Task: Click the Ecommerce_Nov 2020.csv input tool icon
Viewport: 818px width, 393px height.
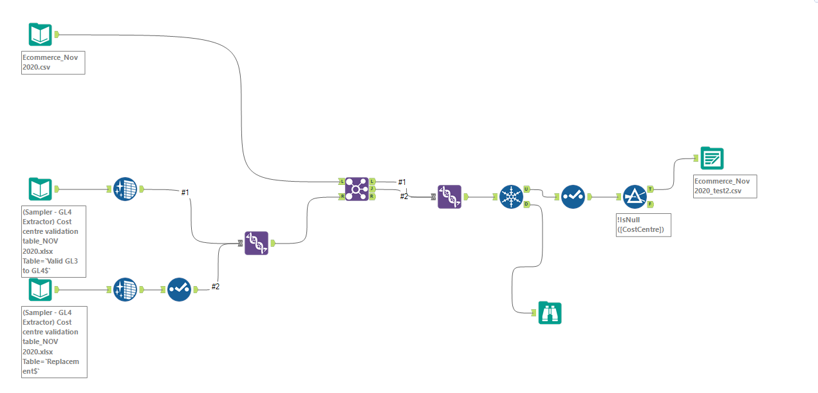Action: click(x=41, y=34)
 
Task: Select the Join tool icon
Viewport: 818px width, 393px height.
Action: click(x=357, y=189)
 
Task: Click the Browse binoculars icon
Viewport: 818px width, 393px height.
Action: click(x=550, y=312)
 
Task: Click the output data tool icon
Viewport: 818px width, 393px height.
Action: click(x=712, y=158)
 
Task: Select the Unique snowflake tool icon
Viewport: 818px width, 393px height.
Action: click(x=512, y=196)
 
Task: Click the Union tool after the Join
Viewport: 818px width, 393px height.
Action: click(x=449, y=196)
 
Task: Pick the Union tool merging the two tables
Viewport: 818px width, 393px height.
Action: click(x=256, y=243)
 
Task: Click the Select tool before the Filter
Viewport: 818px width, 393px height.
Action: click(x=572, y=196)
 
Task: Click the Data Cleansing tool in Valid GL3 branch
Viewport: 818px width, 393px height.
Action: click(x=125, y=189)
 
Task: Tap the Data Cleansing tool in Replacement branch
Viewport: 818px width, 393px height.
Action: click(x=125, y=290)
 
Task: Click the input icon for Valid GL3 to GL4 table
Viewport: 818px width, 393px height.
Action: click(x=41, y=189)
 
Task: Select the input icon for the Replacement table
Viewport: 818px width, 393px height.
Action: click(x=41, y=290)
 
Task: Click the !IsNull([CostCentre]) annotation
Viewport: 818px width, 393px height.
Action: click(x=643, y=225)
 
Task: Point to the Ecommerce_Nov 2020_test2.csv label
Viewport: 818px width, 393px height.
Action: click(x=725, y=186)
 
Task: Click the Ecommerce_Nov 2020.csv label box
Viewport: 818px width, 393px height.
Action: click(x=53, y=63)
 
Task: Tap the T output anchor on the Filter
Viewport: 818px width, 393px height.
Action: click(x=651, y=189)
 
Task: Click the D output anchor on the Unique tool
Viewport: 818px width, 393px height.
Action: click(x=526, y=204)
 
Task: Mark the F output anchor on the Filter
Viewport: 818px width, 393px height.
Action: click(x=651, y=204)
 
